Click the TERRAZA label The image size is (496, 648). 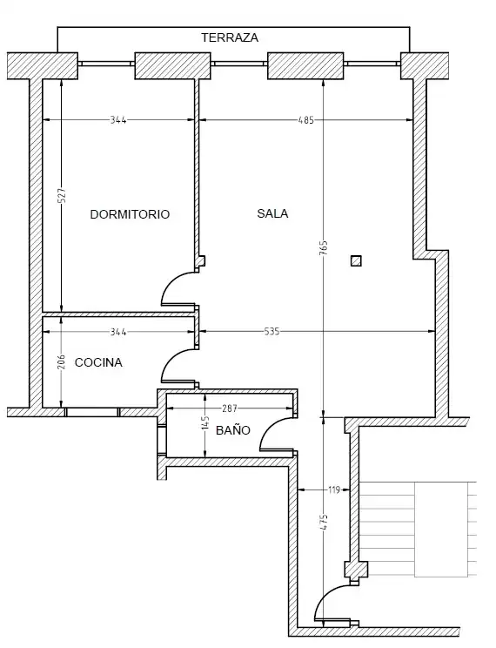pyautogui.click(x=230, y=37)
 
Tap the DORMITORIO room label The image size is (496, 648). pyautogui.click(x=130, y=214)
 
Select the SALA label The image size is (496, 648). pyautogui.click(x=272, y=213)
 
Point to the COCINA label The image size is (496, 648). pyautogui.click(x=98, y=362)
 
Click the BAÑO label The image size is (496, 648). pyautogui.click(x=233, y=430)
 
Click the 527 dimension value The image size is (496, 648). pyautogui.click(x=62, y=195)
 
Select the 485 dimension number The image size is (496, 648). pyautogui.click(x=306, y=120)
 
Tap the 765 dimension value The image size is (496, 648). pyautogui.click(x=324, y=247)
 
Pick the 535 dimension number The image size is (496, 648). pyautogui.click(x=271, y=332)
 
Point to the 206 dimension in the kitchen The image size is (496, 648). pyautogui.click(x=62, y=362)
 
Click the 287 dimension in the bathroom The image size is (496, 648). pyautogui.click(x=230, y=408)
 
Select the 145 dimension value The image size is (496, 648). pyautogui.click(x=205, y=423)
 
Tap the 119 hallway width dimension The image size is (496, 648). pyautogui.click(x=333, y=490)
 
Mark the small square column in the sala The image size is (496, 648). pyautogui.click(x=356, y=261)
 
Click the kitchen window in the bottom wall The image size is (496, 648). pyautogui.click(x=92, y=412)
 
